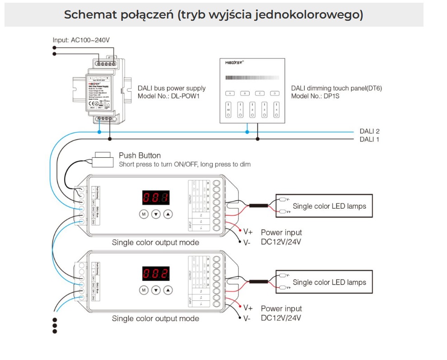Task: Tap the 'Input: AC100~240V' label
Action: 81,40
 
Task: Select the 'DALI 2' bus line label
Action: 369,131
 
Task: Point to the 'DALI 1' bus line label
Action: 369,139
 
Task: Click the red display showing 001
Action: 156,197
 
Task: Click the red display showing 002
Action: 156,273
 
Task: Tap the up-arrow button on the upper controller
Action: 168,214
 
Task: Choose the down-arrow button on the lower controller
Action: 156,290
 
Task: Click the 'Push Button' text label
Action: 140,155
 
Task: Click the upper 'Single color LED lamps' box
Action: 324,206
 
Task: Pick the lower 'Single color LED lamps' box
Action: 324,282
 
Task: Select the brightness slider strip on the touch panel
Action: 252,77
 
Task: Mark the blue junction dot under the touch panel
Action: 247,131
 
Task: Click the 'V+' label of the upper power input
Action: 248,232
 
